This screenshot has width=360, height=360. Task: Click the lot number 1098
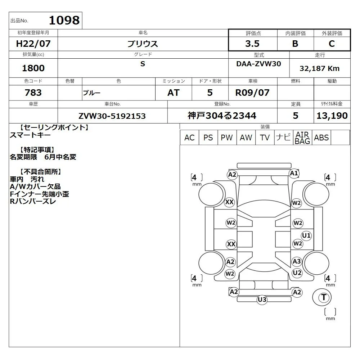[64, 20]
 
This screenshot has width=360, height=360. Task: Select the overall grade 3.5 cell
[253, 44]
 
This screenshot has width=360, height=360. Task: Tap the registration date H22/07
[33, 44]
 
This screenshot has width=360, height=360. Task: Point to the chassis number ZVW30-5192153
[112, 116]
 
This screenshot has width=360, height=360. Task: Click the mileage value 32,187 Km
[320, 68]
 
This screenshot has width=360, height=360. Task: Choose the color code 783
[33, 93]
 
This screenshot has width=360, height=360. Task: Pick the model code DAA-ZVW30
[258, 64]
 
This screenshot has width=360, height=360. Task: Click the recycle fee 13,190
[332, 116]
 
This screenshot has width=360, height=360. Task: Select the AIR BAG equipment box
[302, 138]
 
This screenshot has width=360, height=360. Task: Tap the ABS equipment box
[321, 138]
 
